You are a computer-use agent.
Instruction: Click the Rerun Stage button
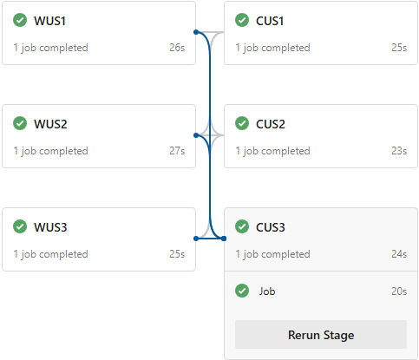click(321, 335)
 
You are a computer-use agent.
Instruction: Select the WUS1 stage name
click(49, 21)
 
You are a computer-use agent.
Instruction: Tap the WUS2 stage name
click(50, 124)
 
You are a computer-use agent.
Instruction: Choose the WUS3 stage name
click(50, 227)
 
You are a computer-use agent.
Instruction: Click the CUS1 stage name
click(270, 21)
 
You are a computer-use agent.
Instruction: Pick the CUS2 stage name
click(271, 124)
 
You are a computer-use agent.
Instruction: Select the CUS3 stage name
click(271, 227)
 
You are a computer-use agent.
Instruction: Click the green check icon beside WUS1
click(20, 20)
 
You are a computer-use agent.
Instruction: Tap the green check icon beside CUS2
click(242, 123)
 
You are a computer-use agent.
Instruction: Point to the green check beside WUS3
click(20, 226)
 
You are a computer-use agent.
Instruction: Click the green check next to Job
click(242, 291)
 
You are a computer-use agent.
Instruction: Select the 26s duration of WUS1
click(177, 48)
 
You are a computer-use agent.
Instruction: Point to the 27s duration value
click(177, 151)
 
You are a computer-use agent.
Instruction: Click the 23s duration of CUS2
click(399, 151)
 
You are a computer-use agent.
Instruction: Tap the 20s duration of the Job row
click(399, 291)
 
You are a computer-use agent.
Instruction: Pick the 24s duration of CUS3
click(399, 254)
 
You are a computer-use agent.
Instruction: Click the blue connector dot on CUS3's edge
click(224, 239)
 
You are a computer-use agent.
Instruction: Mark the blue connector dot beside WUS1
click(196, 32)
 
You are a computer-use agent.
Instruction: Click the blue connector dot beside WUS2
click(196, 135)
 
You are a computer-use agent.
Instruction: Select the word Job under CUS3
click(267, 291)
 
